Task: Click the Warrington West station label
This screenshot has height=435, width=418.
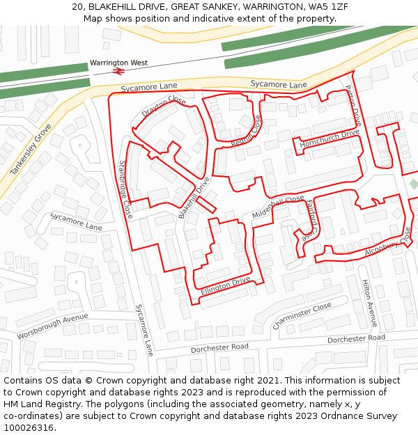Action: tap(118, 63)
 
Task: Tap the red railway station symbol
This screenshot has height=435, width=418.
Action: tap(119, 70)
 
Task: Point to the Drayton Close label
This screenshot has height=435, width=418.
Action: tap(164, 106)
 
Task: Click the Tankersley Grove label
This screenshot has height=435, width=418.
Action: tap(31, 150)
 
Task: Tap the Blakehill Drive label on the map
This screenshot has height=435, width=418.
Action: tap(194, 198)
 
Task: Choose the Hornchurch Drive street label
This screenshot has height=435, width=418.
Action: tap(330, 138)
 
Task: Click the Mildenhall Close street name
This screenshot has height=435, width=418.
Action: tap(278, 207)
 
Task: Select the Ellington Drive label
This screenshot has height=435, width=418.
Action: tap(225, 285)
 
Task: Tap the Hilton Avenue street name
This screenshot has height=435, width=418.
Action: tap(369, 303)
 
